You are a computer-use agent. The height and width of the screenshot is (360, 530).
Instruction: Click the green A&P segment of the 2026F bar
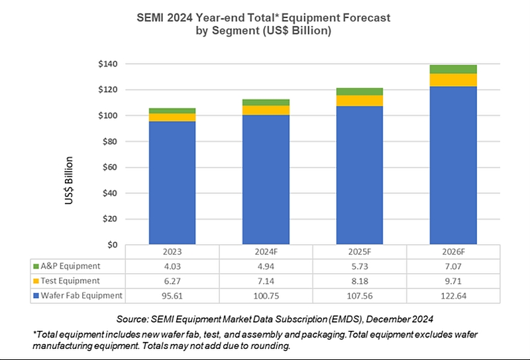(x=453, y=69)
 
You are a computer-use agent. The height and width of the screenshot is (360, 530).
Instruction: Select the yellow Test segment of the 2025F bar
(x=359, y=100)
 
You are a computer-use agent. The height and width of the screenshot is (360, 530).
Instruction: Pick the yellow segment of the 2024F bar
(x=266, y=110)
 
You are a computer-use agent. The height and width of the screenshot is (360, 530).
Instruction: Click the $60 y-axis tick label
(x=106, y=167)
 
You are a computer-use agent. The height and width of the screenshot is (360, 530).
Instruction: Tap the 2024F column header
(x=266, y=253)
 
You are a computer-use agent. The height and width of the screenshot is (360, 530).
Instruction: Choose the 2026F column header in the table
(x=453, y=253)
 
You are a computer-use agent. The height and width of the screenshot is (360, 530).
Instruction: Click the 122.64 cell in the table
(x=453, y=295)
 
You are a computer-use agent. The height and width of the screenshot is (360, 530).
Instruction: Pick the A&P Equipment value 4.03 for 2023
(x=172, y=267)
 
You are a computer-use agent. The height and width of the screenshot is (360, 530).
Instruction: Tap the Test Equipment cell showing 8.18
(x=359, y=280)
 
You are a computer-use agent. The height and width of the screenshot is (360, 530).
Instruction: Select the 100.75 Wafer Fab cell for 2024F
(x=266, y=295)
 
